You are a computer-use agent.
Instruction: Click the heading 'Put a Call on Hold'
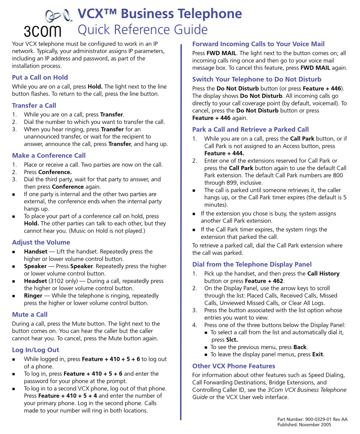tap(40, 77)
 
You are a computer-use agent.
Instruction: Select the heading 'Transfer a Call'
tap(34, 105)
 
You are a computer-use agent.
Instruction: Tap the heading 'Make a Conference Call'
tap(49, 155)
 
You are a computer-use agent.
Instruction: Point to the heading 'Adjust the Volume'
tap(41, 242)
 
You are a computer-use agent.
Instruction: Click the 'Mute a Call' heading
tap(30, 314)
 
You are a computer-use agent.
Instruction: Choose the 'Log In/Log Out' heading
tap(36, 350)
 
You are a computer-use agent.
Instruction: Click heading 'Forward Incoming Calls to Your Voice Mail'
tap(258, 44)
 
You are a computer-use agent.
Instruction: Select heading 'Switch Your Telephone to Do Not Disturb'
tap(257, 79)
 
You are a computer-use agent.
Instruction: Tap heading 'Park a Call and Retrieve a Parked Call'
tap(250, 129)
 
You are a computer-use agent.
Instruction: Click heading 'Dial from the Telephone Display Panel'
tap(252, 264)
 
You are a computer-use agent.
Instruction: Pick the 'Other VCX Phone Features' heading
tap(233, 366)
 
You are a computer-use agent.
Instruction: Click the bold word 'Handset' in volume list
tap(36, 251)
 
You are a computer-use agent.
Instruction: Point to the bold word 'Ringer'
tap(33, 296)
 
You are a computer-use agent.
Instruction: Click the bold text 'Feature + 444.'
tap(224, 153)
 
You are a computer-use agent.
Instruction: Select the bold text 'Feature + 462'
tap(264, 281)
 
